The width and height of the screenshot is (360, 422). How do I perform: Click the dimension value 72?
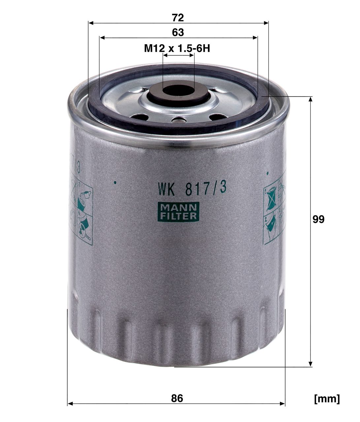coord(178,18)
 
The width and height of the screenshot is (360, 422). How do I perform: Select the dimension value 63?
coord(178,32)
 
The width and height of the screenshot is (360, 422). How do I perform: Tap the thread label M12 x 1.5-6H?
coord(177,49)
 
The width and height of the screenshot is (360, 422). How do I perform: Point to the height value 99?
coord(318,220)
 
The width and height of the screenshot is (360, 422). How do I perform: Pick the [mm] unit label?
coord(327,399)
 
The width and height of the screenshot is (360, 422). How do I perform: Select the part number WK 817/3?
coord(192,189)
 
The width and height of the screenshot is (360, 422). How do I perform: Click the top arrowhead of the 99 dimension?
coord(311,100)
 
